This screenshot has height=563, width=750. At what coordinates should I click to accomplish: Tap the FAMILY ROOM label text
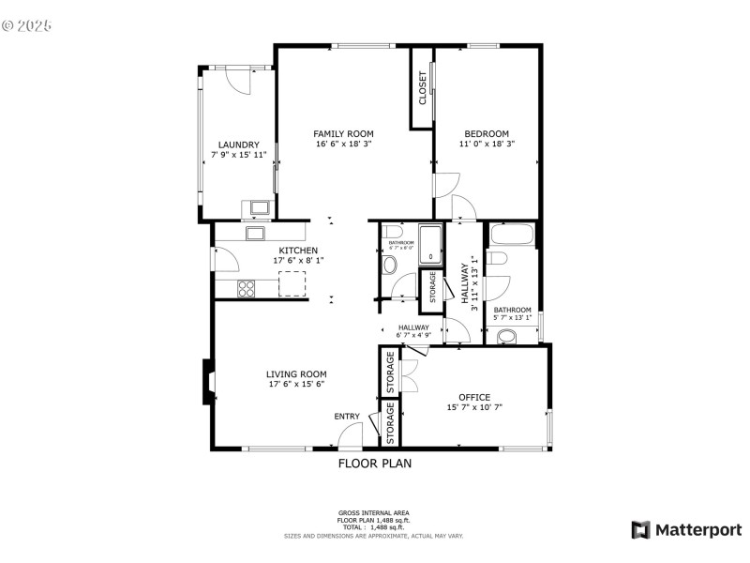point(343,133)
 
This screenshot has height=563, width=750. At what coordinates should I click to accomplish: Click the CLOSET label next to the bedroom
point(423,87)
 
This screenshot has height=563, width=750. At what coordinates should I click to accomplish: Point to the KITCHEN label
point(297,251)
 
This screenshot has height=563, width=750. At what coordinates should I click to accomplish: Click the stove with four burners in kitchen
point(247,288)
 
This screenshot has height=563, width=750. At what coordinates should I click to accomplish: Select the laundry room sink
point(258,208)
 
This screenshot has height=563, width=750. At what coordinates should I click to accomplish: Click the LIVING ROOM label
point(297,373)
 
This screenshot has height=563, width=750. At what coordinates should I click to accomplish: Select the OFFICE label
point(474,397)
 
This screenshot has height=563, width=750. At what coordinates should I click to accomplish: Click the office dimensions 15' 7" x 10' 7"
point(474,408)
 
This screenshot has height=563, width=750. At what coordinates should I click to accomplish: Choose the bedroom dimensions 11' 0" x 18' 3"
point(487,144)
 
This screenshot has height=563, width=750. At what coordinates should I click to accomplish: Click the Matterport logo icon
point(641,530)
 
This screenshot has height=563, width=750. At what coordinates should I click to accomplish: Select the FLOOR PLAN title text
point(374,463)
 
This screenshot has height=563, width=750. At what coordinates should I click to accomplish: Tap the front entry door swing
point(351,434)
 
